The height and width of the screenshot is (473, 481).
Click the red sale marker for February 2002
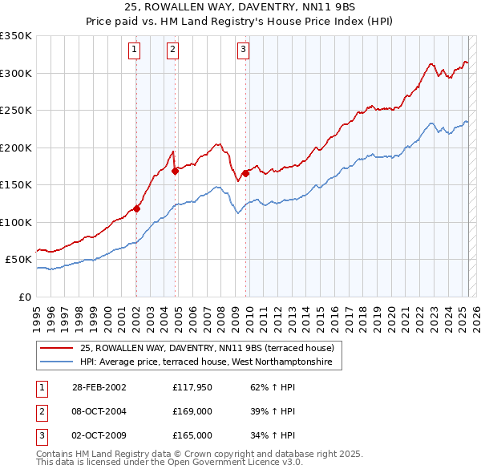click(x=137, y=209)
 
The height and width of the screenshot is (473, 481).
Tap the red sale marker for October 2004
click(x=175, y=171)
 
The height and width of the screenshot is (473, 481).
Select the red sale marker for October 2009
click(x=245, y=173)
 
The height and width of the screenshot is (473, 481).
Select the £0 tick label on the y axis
click(x=24, y=297)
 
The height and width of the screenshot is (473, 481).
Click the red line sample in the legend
click(x=56, y=348)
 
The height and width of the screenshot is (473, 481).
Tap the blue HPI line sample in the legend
click(x=56, y=362)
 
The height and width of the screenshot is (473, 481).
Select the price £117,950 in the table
click(x=192, y=387)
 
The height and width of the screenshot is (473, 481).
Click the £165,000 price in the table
click(x=192, y=435)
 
